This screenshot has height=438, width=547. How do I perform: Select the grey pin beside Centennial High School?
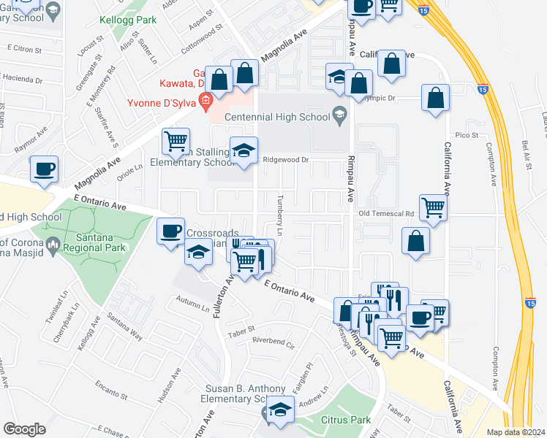[x=339, y=115]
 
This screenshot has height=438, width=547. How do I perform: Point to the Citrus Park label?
[x=346, y=420]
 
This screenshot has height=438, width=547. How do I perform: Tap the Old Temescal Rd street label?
[x=387, y=214]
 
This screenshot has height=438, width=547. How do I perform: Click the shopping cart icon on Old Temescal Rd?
[x=434, y=208]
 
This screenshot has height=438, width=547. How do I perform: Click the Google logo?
[x=24, y=429]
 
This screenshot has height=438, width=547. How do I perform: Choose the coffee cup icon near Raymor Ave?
[x=45, y=169]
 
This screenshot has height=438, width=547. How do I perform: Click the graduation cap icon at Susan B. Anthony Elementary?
[x=279, y=410]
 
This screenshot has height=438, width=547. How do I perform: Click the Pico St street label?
[x=466, y=135]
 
